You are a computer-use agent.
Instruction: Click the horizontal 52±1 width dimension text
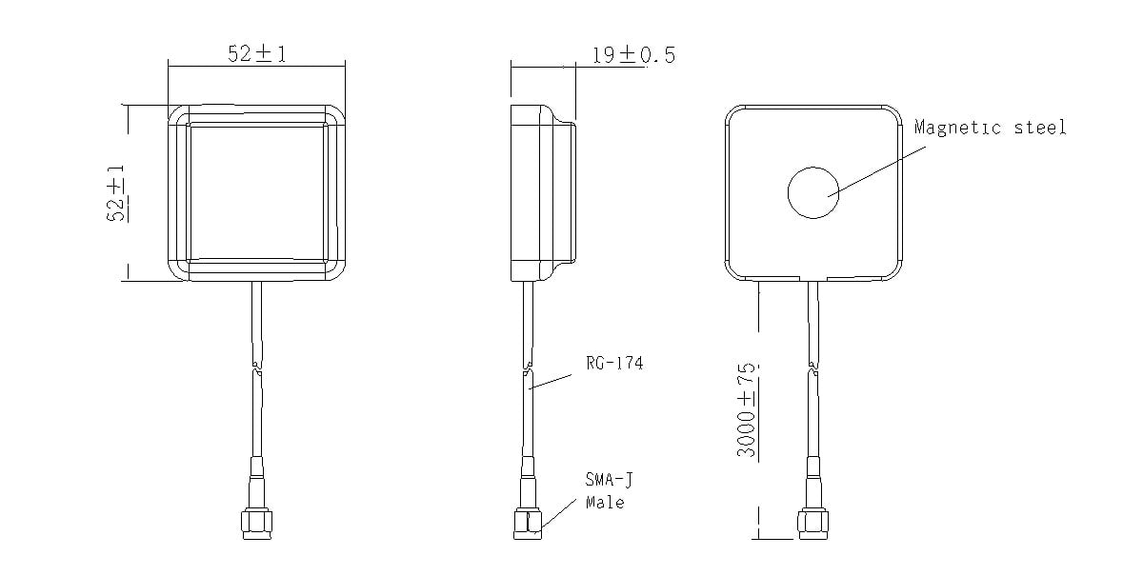point(256,53)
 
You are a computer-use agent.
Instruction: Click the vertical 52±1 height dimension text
point(116,193)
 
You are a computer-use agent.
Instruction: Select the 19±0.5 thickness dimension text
point(633,55)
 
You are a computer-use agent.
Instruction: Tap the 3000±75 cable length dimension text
point(746,409)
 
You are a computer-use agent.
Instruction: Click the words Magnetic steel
point(990,128)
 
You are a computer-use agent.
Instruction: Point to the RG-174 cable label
point(614,364)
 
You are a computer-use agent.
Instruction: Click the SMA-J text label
point(609,480)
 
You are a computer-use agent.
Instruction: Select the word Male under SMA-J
point(605,503)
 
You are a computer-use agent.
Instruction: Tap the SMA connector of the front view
point(256,499)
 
